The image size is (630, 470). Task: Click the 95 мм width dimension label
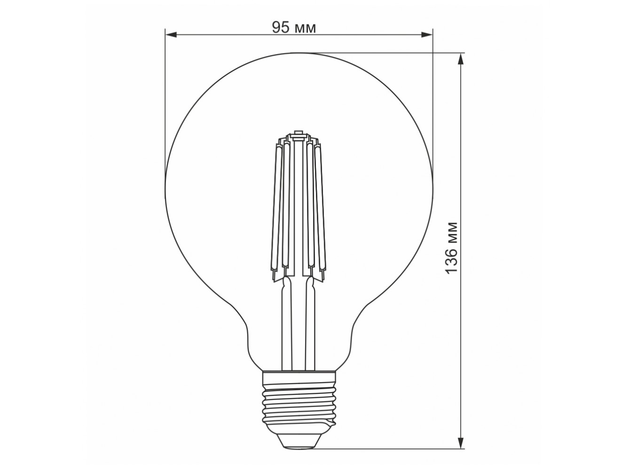pos(294,28)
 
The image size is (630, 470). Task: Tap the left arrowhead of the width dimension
pos(171,35)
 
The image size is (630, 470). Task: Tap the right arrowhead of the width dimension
pos(426,35)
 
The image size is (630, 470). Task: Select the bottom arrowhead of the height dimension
pos(461,450)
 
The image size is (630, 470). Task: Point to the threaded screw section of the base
pos(299,408)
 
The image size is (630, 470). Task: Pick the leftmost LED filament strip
pos(276,207)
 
